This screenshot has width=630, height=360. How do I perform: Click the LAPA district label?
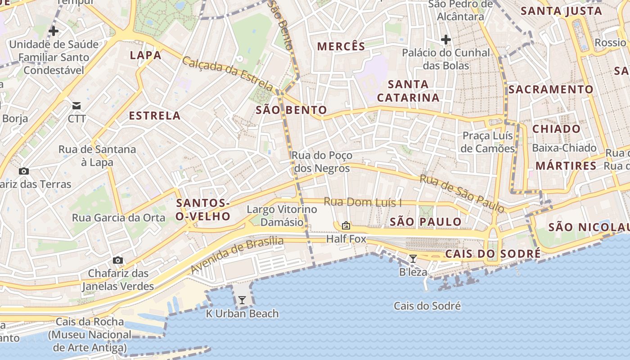(x=145, y=55)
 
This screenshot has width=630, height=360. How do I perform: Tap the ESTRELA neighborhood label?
(x=155, y=116)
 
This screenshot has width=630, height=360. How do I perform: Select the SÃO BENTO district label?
(x=291, y=110)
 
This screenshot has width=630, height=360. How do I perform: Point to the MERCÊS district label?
(x=341, y=46)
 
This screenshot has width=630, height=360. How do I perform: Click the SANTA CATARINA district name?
(x=408, y=91)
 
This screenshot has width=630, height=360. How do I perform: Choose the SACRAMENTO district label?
(x=551, y=90)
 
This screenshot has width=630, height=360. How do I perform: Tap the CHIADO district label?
(x=556, y=129)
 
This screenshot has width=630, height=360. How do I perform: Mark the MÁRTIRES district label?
(x=566, y=166)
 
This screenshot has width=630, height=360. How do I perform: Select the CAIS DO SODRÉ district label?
(x=493, y=254)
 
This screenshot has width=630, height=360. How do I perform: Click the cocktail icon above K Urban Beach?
(x=242, y=300)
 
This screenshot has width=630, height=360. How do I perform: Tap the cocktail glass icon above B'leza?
(x=413, y=259)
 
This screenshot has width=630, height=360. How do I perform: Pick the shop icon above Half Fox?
(x=346, y=225)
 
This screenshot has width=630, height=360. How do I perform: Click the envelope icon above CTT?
(x=76, y=106)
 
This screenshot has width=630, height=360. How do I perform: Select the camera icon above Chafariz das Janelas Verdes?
(x=118, y=261)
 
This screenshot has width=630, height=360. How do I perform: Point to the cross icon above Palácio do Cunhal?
(x=445, y=40)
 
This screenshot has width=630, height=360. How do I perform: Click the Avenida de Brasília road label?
(x=237, y=255)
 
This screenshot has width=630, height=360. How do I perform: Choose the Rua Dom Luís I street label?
(x=363, y=202)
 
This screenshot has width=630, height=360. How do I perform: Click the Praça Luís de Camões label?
(x=488, y=142)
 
